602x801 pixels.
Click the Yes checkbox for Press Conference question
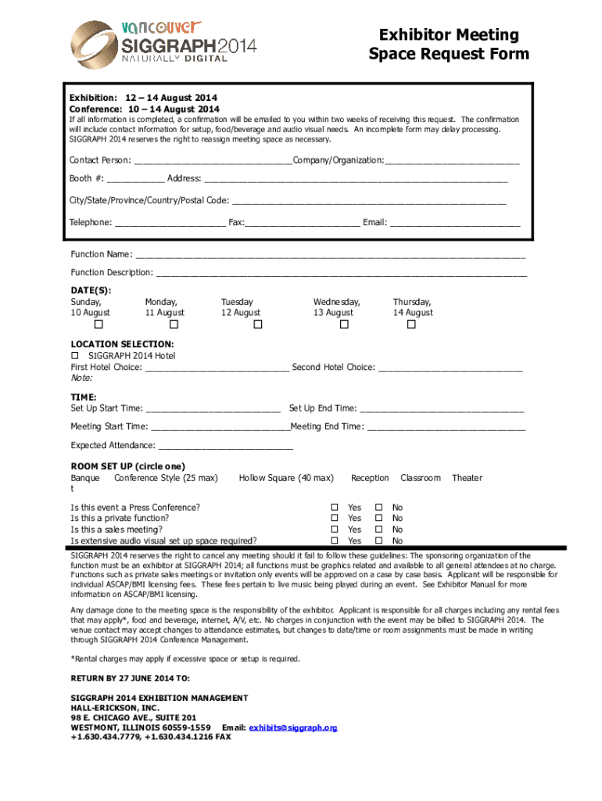[335, 508]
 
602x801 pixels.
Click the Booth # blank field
[136, 181]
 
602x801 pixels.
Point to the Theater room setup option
[467, 478]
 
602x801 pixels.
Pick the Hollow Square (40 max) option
[286, 478]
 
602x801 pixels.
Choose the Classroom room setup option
[421, 478]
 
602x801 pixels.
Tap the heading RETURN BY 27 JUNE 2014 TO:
[130, 678]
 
